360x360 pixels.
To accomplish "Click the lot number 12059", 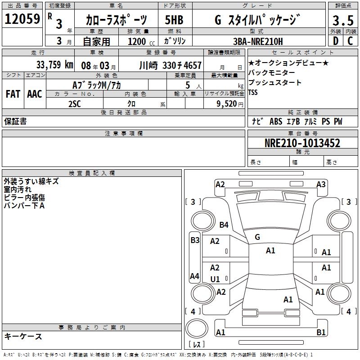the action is point(22,19).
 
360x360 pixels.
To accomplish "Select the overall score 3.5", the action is point(342,21).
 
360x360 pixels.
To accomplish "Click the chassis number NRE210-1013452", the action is point(302,144).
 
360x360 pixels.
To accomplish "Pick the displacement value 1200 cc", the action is point(139,41).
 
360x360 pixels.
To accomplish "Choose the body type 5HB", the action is point(175,20).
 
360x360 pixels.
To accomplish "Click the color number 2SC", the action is point(74,103).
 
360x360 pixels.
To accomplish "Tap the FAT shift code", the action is point(13,94).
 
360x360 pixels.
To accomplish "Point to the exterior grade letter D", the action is point(335,41).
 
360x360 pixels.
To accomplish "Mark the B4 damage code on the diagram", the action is point(224,225).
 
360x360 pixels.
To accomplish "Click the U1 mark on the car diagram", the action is point(215,279).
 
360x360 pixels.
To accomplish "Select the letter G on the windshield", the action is point(257,237).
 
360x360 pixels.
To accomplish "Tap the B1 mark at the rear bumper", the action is point(321,333).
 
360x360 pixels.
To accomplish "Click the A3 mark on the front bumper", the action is point(321,184).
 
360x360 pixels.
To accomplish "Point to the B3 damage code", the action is point(194,240).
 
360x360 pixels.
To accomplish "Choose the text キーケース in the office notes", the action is point(23,336).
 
